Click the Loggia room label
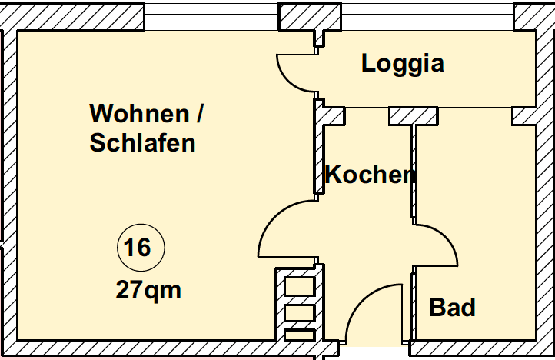[403, 63]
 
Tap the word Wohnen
[138, 114]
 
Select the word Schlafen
[142, 143]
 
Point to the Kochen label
[371, 175]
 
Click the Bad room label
[452, 308]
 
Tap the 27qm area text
[148, 290]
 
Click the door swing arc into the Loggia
[292, 75]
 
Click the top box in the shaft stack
[299, 285]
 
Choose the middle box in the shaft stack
[299, 312]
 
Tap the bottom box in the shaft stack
[299, 335]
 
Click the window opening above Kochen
[367, 116]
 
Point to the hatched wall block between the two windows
[413, 116]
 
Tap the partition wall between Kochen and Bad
[414, 173]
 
